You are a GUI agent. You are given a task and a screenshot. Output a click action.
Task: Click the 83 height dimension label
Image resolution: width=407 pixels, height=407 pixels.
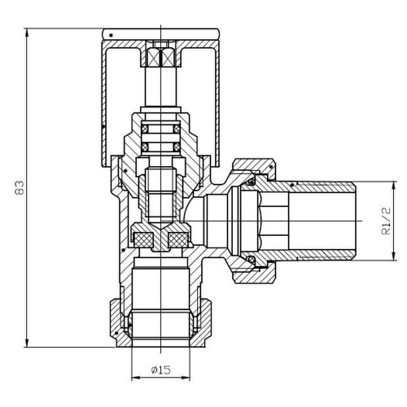20,188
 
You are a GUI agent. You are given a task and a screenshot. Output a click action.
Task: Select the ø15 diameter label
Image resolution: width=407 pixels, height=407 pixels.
161,370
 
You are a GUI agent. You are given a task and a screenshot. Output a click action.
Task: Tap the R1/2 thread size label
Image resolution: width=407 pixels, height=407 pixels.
386,221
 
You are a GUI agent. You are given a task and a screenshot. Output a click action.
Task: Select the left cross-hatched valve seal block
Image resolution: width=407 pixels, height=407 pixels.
143,240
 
